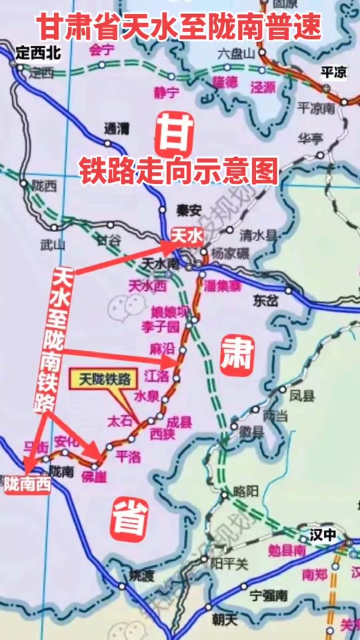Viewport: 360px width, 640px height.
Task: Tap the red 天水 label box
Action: click(186, 235)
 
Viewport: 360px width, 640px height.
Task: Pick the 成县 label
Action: click(179, 421)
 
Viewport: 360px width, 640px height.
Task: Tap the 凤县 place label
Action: click(301, 395)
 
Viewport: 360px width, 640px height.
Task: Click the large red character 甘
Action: click(175, 134)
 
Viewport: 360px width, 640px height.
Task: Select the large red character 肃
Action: click(237, 356)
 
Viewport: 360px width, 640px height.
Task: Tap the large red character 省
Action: click(128, 519)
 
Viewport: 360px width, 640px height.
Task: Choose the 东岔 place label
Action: click(265, 301)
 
